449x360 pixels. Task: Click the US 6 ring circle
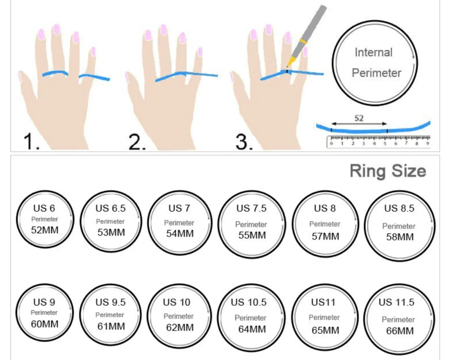click(44, 219)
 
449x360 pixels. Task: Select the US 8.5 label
click(399, 208)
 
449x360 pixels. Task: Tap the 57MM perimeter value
click(326, 236)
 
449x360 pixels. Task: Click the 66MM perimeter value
click(400, 330)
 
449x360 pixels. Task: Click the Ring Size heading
click(387, 170)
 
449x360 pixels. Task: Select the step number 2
click(137, 142)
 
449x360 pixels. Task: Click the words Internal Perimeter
click(374, 62)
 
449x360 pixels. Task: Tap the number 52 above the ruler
click(359, 118)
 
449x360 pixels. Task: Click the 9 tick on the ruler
click(428, 144)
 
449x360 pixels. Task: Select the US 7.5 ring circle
click(251, 221)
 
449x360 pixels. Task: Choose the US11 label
click(324, 302)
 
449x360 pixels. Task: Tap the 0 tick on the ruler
click(331, 144)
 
